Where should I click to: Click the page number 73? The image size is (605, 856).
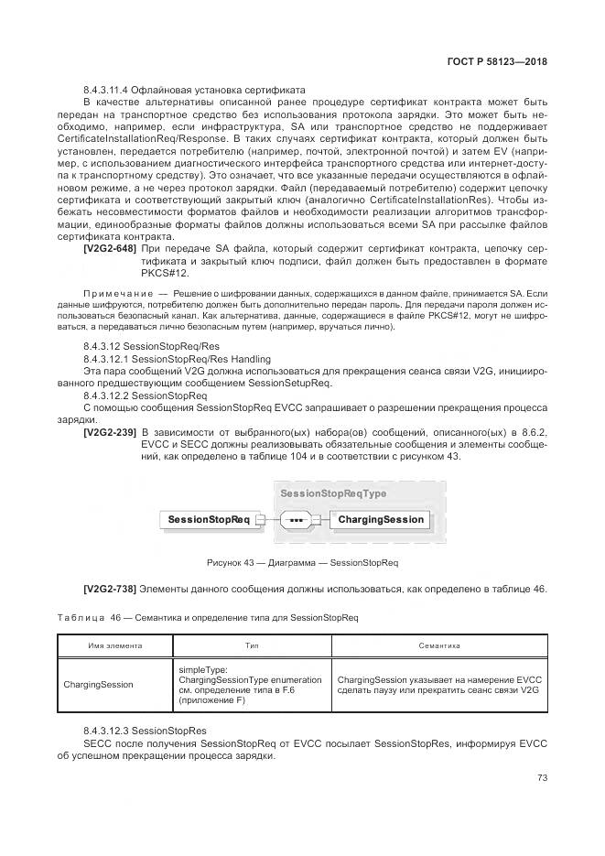[x=542, y=777]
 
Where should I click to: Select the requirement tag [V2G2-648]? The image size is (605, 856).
[x=110, y=248]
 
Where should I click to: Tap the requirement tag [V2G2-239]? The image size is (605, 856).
[x=110, y=431]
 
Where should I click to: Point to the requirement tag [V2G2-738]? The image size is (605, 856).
[x=110, y=588]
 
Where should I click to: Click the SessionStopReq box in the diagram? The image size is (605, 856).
[x=209, y=520]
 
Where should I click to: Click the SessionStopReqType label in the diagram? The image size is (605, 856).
[x=333, y=493]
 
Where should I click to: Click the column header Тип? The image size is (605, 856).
[x=252, y=645]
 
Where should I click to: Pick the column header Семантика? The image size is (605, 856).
[x=438, y=645]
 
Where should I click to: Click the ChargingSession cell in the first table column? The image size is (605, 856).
[x=98, y=684]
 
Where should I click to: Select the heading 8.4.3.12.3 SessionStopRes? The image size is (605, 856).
[x=145, y=731]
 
